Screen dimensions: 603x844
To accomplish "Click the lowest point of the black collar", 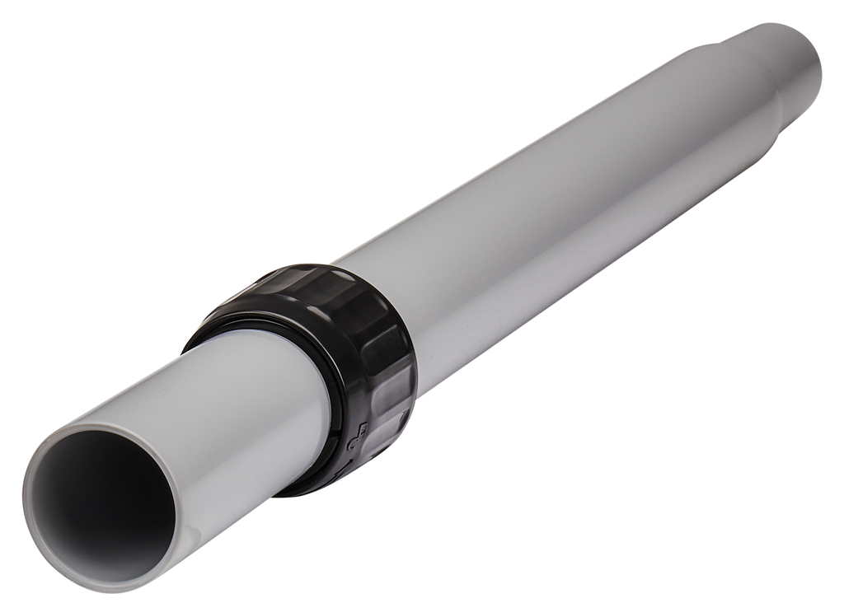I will [x=305, y=493].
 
